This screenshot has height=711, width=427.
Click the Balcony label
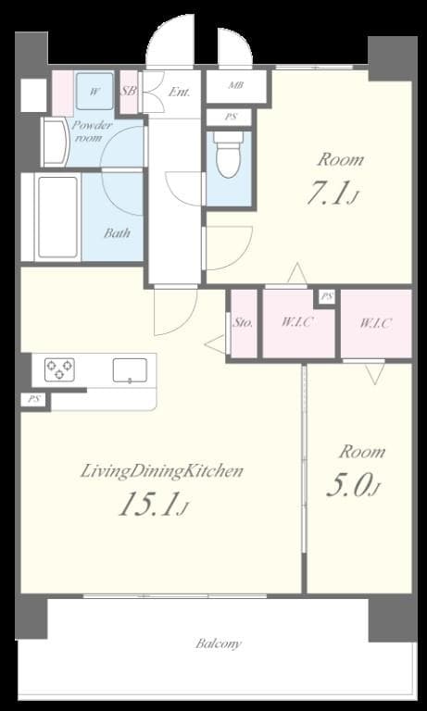pos(219,642)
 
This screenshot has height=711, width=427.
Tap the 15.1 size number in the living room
pos(154,505)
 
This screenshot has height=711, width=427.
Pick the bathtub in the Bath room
pos(58,218)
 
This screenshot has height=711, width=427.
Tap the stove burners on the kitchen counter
pos(58,369)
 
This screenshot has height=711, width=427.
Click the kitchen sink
pos(128,370)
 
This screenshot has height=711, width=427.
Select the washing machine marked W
pos(94,91)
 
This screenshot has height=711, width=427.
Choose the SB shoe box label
pos(129,91)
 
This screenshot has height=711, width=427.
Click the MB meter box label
pos(236,86)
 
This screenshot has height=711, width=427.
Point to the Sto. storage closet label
pos(243,323)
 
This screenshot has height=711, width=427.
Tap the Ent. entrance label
pos(179,92)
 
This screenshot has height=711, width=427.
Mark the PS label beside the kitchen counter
pos(34,399)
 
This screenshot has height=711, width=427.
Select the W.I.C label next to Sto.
pos(297,323)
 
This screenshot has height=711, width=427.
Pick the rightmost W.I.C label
pos(375,323)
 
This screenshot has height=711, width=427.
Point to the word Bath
pos(117,232)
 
